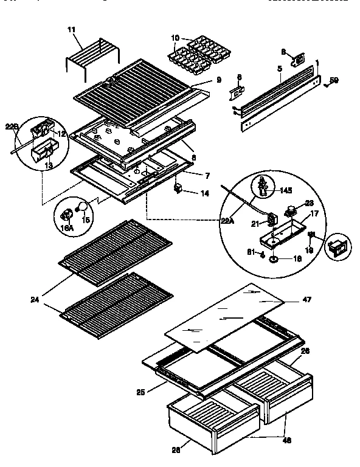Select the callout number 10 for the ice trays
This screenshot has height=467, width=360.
coord(176,38)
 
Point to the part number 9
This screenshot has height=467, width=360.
coord(218,79)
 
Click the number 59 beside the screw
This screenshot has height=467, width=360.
coord(334,80)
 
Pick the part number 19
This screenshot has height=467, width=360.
coord(310,249)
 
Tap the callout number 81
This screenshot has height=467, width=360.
coord(251,254)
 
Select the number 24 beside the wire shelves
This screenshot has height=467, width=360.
coord(35,299)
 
